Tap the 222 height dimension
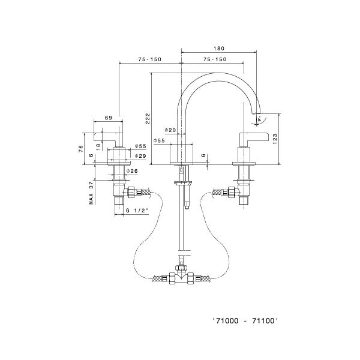point(148,119)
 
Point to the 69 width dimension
point(109,118)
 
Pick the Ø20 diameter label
point(170,130)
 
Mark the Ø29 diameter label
point(140,155)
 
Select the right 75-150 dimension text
point(215,60)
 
